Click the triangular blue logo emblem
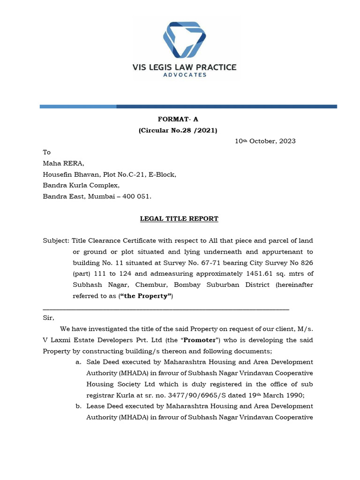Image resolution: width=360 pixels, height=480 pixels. tap(184, 40)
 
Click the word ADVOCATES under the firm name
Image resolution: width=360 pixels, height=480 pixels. tap(184, 75)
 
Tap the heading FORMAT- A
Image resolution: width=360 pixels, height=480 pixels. tap(178, 120)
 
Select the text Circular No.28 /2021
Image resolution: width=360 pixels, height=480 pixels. tap(178, 130)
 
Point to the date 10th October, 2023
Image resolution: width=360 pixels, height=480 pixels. tap(265, 141)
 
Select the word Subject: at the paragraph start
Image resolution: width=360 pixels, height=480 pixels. tap(56, 240)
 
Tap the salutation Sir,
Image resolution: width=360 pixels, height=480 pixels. tap(49, 318)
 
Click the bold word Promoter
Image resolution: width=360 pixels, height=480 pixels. tap(200, 340)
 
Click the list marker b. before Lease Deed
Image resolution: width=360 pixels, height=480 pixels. tap(79, 406)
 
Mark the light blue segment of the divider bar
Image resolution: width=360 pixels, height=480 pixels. tap(78, 107)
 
